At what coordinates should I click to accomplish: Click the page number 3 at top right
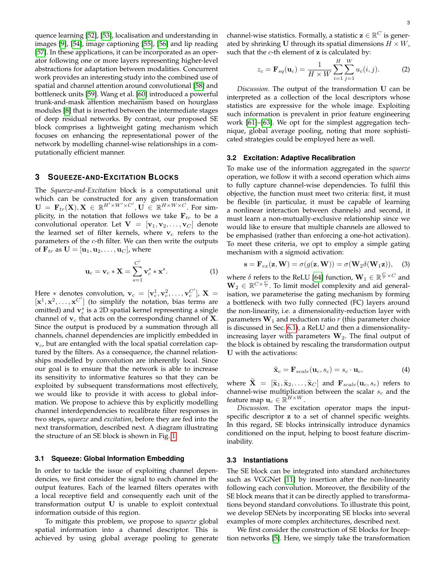408,23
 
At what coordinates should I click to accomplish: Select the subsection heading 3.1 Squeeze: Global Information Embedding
110,458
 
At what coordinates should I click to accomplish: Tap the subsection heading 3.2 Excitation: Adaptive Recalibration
291,158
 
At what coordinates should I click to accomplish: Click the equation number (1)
214,272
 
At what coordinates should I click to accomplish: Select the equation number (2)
405,69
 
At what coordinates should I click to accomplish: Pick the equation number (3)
405,264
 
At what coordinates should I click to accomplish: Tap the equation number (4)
405,370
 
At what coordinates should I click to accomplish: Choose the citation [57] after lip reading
41,52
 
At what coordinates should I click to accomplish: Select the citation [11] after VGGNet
289,480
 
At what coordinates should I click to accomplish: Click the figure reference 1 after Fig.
174,436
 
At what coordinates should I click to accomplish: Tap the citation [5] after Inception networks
276,538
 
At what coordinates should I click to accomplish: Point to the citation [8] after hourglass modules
67,111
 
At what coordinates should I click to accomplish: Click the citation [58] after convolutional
199,86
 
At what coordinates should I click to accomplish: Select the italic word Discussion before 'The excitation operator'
253,408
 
